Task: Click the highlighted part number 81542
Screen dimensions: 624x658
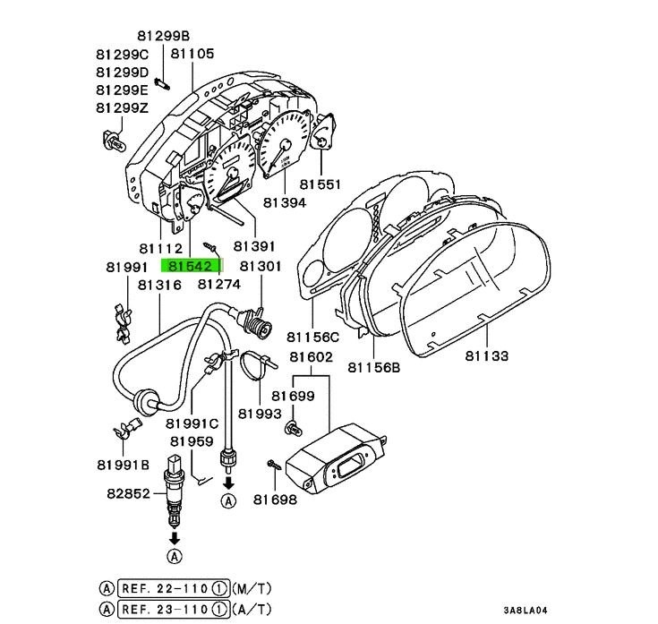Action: [189, 265]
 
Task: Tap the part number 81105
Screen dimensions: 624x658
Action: [192, 54]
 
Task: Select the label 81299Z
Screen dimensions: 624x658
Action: [123, 107]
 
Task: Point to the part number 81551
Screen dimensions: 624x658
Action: [320, 184]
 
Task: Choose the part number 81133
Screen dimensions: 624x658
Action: [486, 355]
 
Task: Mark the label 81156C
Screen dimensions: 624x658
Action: [313, 337]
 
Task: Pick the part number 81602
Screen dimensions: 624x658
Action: [311, 357]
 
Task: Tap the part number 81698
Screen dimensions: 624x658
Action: [274, 500]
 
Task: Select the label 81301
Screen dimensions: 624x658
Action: [261, 266]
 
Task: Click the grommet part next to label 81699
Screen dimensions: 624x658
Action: [292, 427]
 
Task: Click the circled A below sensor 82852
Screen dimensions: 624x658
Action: [173, 556]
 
